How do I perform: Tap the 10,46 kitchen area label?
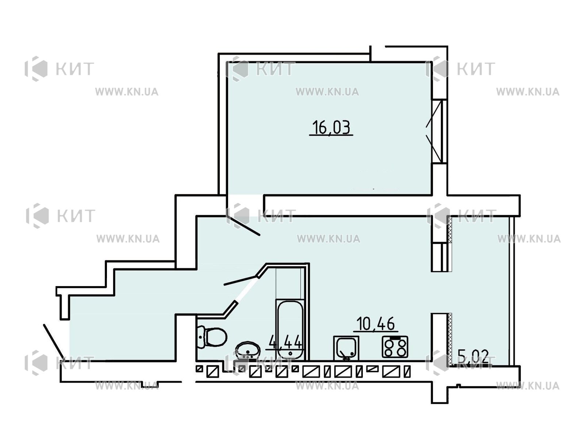click(x=375, y=324)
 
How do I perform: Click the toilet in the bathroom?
click(x=212, y=337)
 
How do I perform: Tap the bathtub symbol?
click(x=290, y=330)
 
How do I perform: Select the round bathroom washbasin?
click(x=247, y=350)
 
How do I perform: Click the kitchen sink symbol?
click(x=346, y=348)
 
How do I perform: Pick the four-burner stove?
click(x=395, y=347)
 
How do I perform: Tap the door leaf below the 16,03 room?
click(x=243, y=226)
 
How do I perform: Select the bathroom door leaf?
click(x=241, y=281)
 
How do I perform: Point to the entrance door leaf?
click(x=54, y=341)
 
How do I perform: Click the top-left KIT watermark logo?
click(x=59, y=69)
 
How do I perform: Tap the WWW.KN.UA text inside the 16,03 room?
click(x=327, y=92)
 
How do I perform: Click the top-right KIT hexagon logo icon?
click(x=437, y=69)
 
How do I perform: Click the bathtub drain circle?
click(x=290, y=353)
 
